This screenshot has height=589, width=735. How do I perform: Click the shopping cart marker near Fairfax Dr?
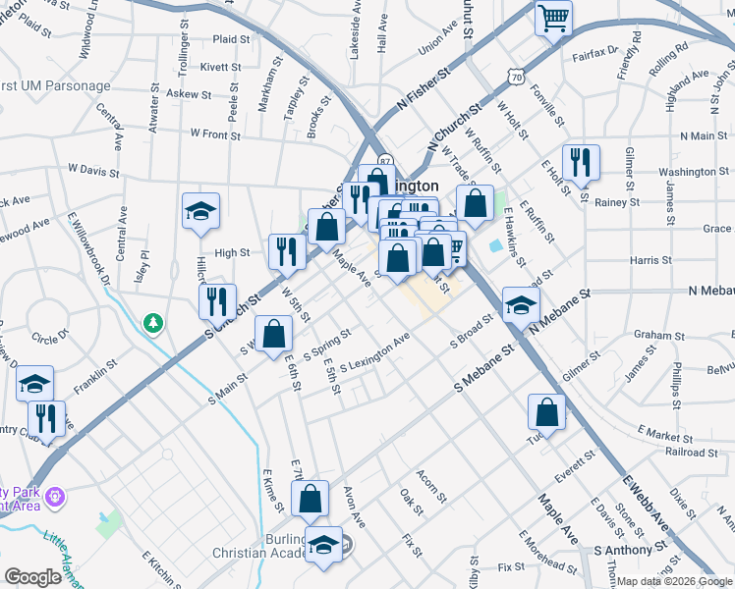(553, 17)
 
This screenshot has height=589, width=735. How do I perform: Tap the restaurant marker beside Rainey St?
(581, 162)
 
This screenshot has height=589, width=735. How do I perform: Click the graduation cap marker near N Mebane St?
(521, 304)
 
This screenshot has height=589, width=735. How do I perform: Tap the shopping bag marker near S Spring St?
(274, 334)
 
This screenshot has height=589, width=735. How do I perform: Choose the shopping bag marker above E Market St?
(546, 411)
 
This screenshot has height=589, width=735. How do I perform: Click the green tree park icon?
(152, 322)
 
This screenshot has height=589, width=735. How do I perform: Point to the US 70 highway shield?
(517, 76)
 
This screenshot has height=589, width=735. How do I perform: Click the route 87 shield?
(385, 161)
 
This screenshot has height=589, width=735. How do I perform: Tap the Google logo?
(33, 577)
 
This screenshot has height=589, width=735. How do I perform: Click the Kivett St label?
(221, 67)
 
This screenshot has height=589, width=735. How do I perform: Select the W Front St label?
(215, 133)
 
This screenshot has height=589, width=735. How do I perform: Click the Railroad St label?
(664, 452)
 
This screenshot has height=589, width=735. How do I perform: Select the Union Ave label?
(438, 47)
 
